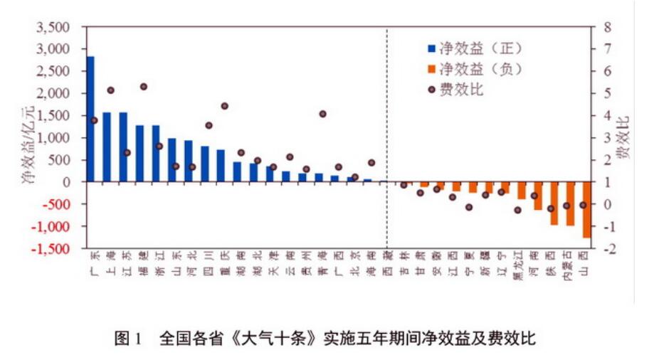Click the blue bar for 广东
(90, 119)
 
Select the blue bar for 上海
(107, 147)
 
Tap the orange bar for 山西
(586, 210)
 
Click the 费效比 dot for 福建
(144, 87)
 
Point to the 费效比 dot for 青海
(322, 114)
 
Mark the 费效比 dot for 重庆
(224, 106)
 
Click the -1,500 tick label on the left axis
(51, 249)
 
